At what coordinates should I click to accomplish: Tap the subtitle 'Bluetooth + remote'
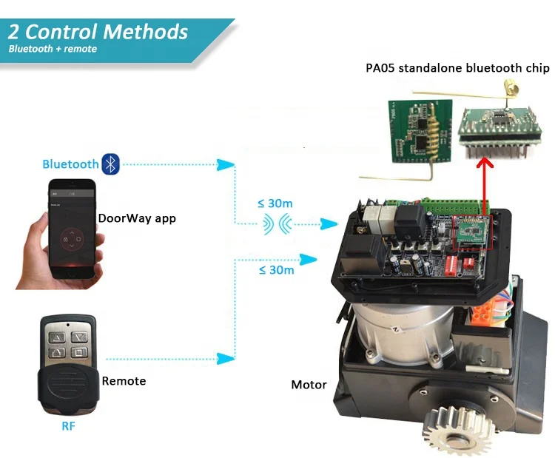click(53, 50)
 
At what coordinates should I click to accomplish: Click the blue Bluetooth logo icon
click(110, 164)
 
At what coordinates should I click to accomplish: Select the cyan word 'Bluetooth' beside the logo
click(70, 164)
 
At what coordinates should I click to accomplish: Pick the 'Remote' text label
click(124, 381)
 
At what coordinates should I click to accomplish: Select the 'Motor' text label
click(309, 385)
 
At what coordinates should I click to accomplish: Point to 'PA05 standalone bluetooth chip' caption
click(457, 69)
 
